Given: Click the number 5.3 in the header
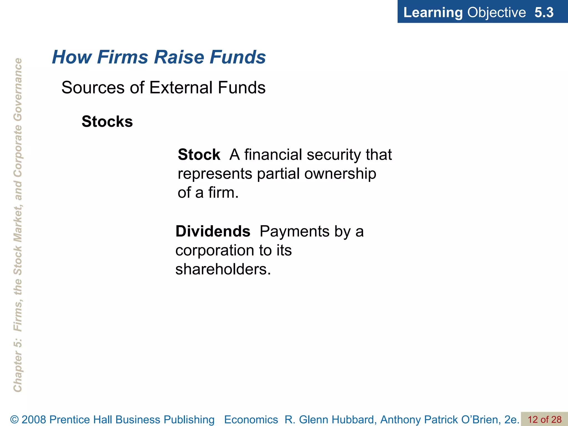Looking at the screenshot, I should point(544,12).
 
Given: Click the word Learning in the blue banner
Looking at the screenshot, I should point(433,12).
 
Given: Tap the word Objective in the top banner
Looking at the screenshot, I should point(496,12).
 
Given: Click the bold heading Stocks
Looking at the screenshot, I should point(107,121).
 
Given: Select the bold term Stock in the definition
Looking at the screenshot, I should point(199,154).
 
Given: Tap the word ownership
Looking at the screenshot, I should point(340,174).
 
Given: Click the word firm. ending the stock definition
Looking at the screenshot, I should point(223,192).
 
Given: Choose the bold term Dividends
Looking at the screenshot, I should point(213,231).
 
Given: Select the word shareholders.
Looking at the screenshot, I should point(223,269).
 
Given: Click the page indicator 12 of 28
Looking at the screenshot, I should point(544,419).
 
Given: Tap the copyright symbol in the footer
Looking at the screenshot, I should point(14,420).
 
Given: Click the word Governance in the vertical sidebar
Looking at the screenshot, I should point(18,89).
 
